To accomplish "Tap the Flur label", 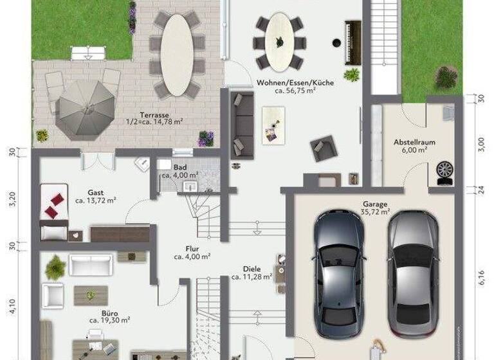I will pyautogui.click(x=192, y=248).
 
